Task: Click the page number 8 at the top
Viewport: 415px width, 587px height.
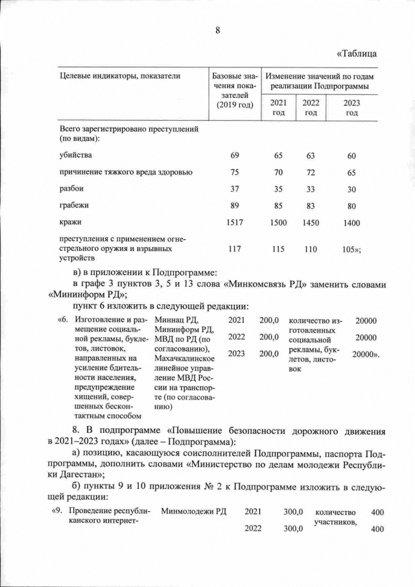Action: [218, 30]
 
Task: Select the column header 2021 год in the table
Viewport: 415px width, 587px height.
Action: [278, 108]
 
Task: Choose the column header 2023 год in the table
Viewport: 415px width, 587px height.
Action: [351, 108]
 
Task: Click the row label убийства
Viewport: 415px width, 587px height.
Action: [75, 156]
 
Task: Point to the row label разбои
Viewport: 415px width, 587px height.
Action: [71, 189]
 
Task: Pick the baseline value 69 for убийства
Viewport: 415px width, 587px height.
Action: [235, 156]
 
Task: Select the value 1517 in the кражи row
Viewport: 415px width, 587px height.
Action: [235, 222]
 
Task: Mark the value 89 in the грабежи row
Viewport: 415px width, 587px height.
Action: [235, 206]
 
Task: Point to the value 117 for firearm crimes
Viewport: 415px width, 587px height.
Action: [235, 248]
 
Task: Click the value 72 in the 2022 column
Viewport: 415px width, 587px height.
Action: [311, 173]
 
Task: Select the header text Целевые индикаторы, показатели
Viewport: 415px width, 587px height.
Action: [120, 76]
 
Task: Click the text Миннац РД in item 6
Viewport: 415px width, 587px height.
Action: [175, 320]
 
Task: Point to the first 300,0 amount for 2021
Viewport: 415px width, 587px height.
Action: [294, 512]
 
